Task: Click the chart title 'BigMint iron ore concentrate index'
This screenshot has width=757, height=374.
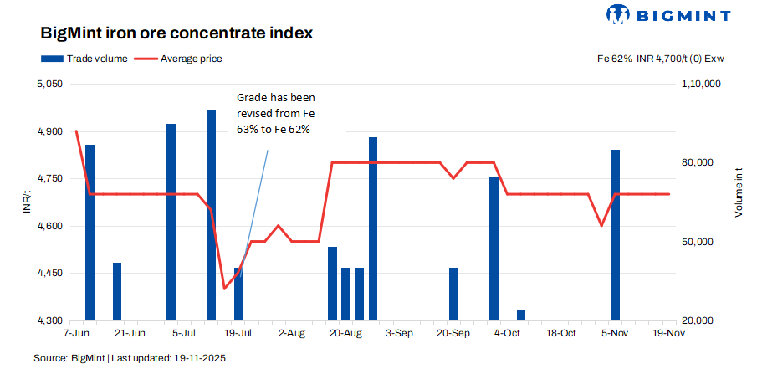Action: [x=176, y=34]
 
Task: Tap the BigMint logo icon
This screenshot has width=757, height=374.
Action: [x=617, y=14]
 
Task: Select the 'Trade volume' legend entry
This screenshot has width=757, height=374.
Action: [x=84, y=59]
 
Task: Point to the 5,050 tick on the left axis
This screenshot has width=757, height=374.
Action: [x=50, y=85]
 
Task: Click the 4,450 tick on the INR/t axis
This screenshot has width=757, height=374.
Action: [x=50, y=274]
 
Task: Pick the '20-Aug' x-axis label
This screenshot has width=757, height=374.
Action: [x=345, y=333]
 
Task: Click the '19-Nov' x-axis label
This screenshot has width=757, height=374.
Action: [x=669, y=333]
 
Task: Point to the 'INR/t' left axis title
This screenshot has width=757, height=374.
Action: [x=28, y=202]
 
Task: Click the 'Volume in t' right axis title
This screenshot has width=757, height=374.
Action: [x=739, y=193]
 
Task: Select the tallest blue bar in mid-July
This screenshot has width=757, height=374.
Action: [x=212, y=215]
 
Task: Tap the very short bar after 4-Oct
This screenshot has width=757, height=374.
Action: [x=521, y=315]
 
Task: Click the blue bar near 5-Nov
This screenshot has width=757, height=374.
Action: [x=615, y=234]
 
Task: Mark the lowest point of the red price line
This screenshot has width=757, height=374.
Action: [x=224, y=289]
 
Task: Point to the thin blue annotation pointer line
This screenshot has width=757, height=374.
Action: [x=256, y=201]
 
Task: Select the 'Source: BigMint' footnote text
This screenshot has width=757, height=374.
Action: [x=130, y=358]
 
